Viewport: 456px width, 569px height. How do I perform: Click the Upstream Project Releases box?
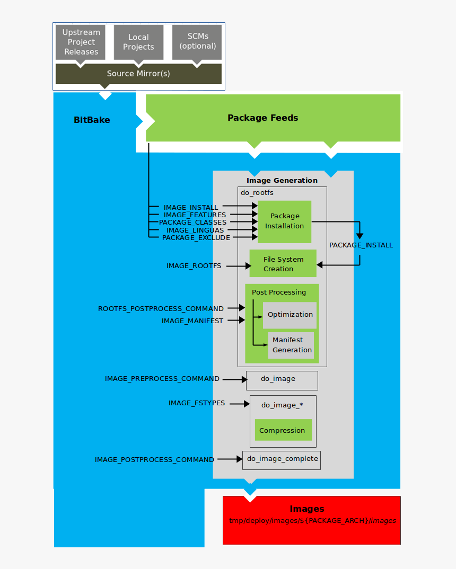81,42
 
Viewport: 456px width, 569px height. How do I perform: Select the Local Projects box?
138,42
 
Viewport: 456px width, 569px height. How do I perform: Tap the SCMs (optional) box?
197,41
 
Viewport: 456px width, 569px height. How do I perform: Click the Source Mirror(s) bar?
138,74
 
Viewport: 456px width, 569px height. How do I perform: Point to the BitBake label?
92,120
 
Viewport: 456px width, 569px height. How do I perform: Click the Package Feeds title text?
262,118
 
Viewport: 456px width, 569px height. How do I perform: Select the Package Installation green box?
285,221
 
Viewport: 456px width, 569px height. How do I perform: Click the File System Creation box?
283,264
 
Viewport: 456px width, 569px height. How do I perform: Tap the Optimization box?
290,315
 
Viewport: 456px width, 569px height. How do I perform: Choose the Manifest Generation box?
291,345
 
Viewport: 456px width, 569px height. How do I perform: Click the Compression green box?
283,430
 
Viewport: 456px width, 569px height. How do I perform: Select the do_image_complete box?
282,459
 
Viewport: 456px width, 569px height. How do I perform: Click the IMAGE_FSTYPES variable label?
197,403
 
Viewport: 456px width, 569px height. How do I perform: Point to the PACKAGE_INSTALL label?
361,245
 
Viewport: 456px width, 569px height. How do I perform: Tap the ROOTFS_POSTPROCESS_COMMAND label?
161,308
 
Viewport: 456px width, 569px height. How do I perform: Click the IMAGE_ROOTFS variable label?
194,266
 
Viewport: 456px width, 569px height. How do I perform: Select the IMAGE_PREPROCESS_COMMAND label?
162,379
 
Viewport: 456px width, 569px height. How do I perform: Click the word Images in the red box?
306,509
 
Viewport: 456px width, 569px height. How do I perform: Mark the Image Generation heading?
282,181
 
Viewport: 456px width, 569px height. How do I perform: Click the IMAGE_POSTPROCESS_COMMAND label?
154,460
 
